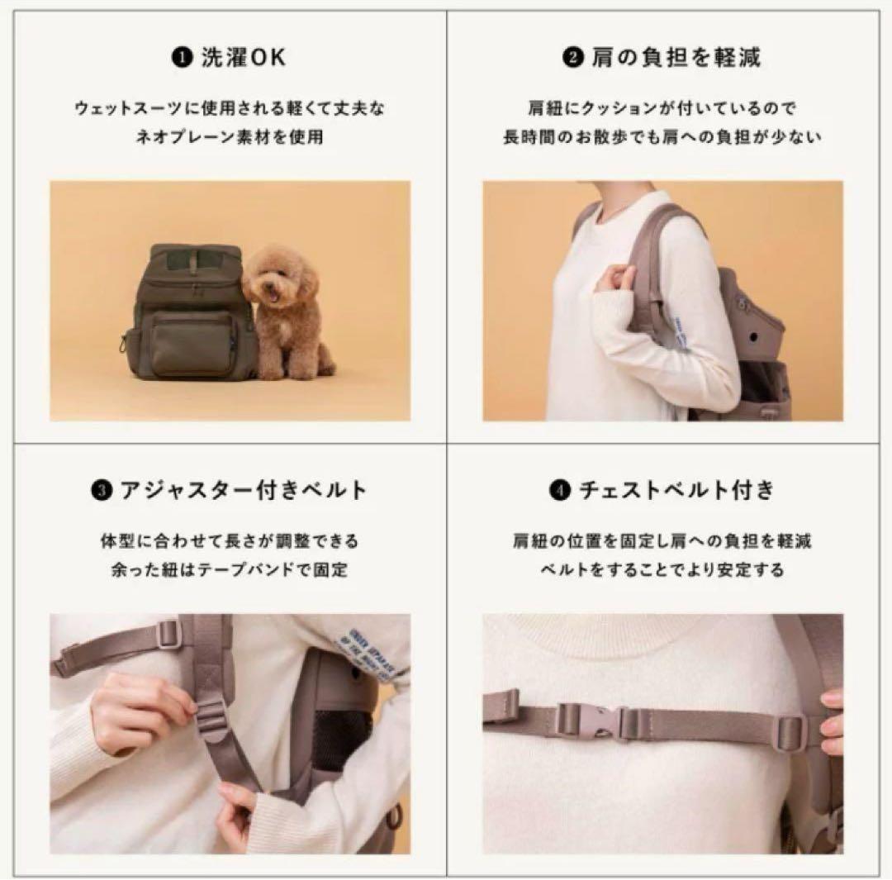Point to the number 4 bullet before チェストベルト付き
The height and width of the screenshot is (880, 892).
tap(559, 491)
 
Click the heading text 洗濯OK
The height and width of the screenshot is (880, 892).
tap(244, 59)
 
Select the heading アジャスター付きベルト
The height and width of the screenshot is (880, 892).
tap(243, 491)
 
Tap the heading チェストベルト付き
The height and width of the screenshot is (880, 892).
tap(676, 491)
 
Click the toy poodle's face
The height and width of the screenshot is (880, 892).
tap(276, 280)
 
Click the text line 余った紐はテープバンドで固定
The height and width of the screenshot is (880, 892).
tap(230, 570)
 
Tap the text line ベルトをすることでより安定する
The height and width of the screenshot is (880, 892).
tap(663, 570)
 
